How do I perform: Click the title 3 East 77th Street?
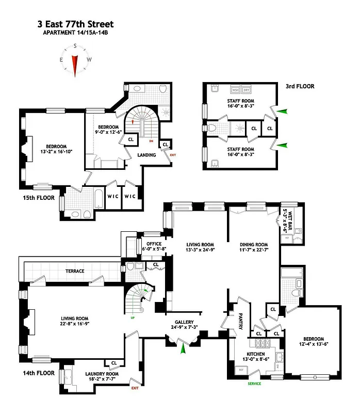pyautogui.click(x=75, y=24)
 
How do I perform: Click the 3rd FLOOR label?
pyautogui.click(x=301, y=86)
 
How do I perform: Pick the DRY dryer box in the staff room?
pyautogui.click(x=247, y=89)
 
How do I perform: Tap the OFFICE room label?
pyautogui.click(x=154, y=244)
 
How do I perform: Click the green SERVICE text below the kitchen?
pyautogui.click(x=254, y=384)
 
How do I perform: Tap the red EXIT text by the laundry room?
pyautogui.click(x=135, y=388)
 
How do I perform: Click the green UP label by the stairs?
pyautogui.click(x=133, y=317)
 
